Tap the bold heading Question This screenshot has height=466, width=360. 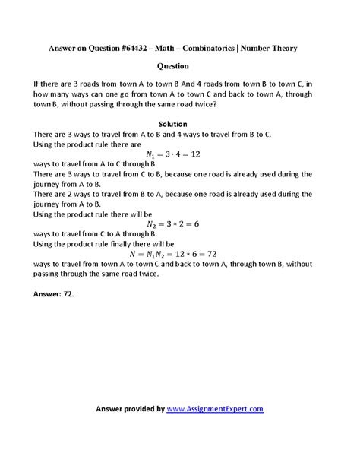tap(180, 66)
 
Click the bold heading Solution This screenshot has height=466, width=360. tap(180, 124)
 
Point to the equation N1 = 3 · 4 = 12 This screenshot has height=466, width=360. tap(180, 153)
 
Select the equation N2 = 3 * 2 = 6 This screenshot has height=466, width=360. tap(180, 224)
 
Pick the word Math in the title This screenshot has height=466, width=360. tap(170, 48)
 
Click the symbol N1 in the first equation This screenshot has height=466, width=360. tap(156, 154)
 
